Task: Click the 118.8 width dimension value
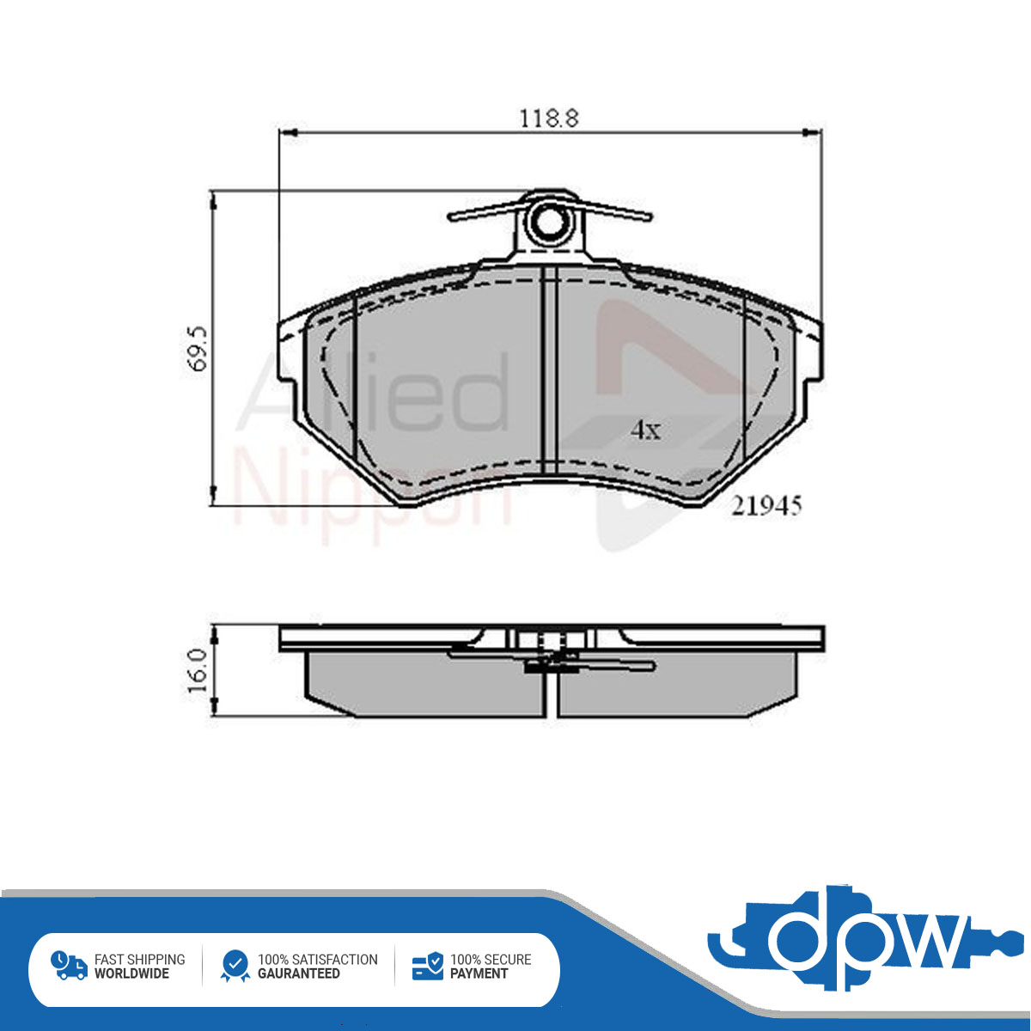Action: pos(549,119)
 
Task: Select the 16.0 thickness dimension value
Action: pos(198,671)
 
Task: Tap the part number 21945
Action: pos(766,506)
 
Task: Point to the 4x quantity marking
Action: pos(646,430)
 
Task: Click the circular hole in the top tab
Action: pos(549,223)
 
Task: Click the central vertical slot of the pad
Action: pos(549,369)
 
